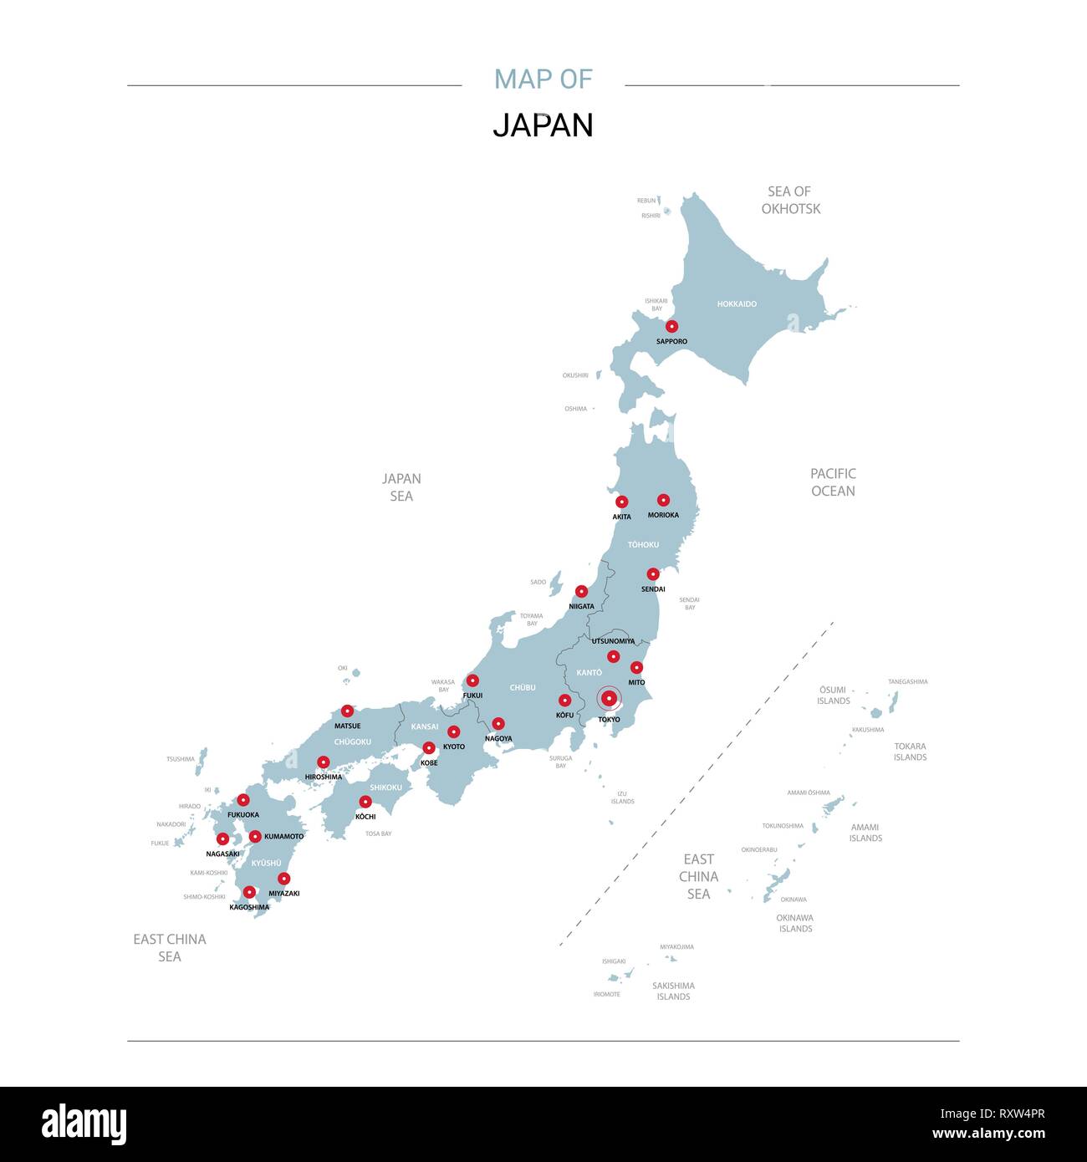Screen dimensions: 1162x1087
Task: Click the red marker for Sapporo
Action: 671,327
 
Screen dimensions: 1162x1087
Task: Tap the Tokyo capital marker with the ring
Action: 610,698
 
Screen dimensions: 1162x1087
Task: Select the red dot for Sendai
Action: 653,574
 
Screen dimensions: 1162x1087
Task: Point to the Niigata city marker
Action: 581,592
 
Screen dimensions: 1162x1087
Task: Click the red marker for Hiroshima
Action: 323,762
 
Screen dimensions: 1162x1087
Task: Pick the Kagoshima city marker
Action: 249,892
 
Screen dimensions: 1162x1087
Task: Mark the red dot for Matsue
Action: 347,711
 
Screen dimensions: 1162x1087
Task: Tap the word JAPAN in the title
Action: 543,125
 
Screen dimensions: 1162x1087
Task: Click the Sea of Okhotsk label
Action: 790,200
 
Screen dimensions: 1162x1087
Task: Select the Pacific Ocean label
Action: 833,482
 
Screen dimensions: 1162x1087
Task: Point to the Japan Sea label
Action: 401,487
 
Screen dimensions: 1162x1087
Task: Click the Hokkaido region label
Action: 737,304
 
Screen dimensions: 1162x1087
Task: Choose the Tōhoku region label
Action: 643,545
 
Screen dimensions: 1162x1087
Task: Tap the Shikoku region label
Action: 385,787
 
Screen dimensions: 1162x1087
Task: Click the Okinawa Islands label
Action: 795,923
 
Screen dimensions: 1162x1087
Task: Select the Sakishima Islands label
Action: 673,991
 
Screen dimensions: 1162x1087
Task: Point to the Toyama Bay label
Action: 532,619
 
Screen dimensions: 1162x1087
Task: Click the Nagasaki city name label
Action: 222,854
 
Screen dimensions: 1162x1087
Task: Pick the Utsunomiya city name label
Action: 613,641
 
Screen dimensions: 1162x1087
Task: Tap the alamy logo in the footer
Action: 84,1124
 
